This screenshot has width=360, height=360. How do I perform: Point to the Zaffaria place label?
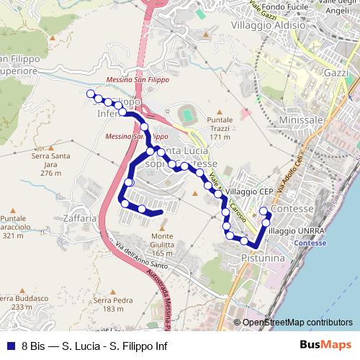tap(79, 217)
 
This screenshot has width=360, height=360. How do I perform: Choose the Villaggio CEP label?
tap(248, 192)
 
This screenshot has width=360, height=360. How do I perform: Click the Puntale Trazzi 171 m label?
tap(219, 128)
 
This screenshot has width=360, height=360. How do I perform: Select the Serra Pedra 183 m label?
tap(119, 305)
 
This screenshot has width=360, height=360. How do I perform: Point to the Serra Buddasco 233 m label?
tap(17, 302)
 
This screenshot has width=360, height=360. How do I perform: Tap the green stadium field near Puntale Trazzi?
tap(188, 114)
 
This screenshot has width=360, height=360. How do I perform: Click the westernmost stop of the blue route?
tap(91, 94)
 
